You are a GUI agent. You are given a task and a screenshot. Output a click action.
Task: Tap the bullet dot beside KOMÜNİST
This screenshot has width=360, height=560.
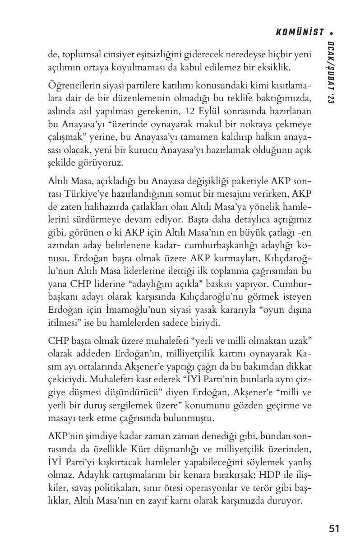pos(332,32)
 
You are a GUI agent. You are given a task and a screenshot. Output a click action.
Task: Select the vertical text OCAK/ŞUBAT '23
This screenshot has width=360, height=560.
pos(332,75)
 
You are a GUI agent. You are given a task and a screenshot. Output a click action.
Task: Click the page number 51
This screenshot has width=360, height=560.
pos(334,528)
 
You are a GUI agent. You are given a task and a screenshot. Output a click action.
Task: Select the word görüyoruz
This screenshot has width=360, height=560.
pos(101,162)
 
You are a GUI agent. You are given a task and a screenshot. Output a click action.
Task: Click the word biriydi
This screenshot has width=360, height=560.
pos(193,324)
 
